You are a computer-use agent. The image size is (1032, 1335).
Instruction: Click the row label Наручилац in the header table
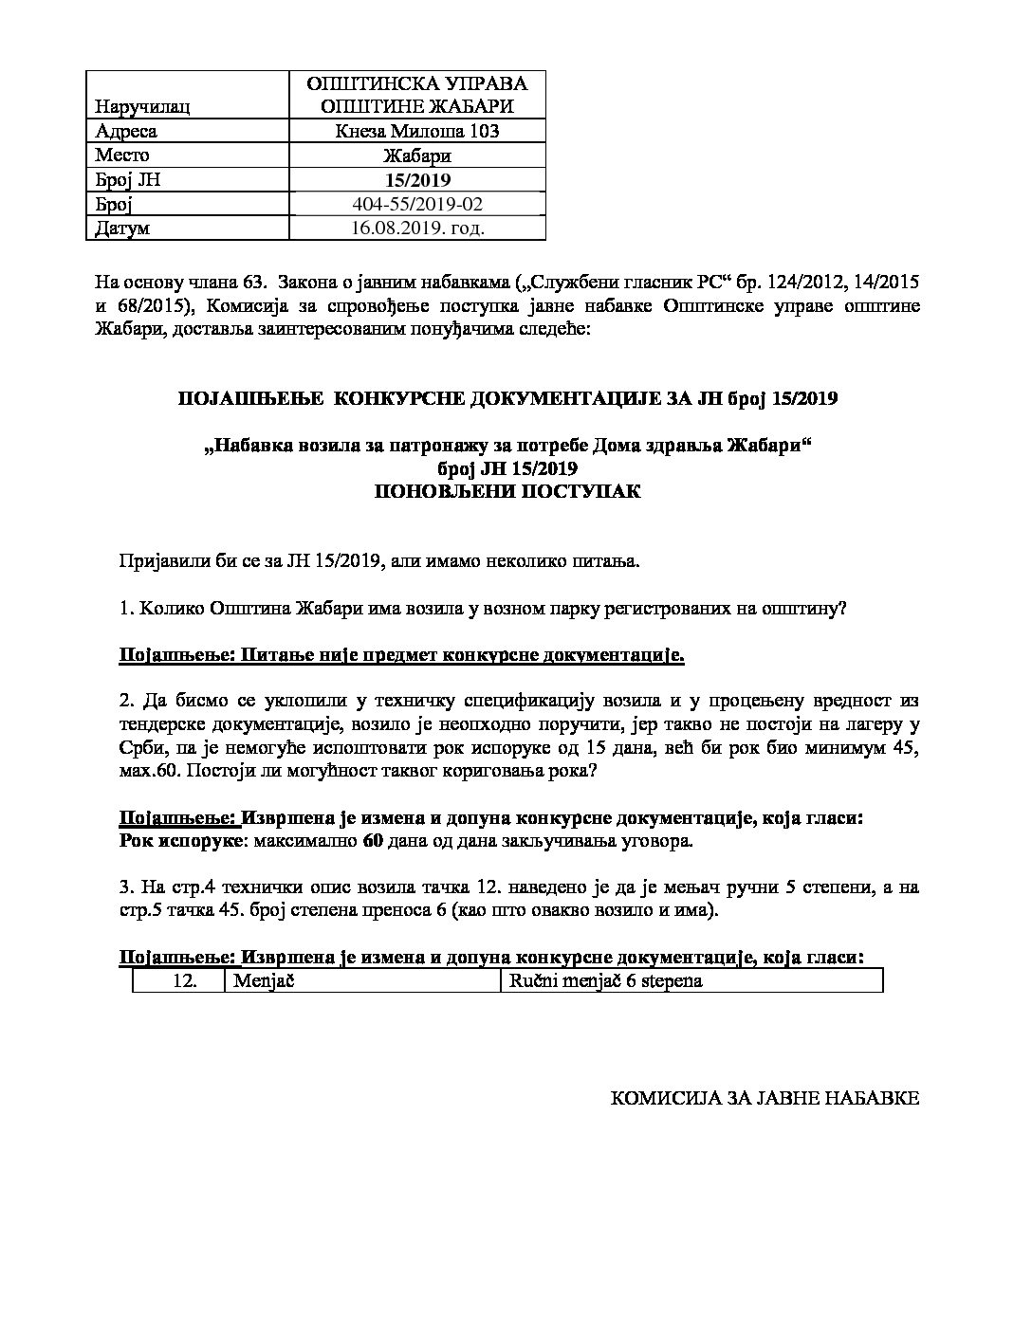click(142, 107)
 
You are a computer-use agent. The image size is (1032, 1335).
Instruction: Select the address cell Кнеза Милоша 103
click(417, 131)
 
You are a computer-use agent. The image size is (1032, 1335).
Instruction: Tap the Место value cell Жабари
click(417, 155)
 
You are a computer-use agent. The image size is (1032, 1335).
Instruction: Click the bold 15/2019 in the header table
click(417, 180)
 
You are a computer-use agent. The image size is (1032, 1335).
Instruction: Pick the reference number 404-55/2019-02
click(417, 204)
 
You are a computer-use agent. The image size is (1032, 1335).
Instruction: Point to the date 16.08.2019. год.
click(417, 229)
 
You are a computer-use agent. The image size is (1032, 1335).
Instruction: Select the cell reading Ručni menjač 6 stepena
click(606, 980)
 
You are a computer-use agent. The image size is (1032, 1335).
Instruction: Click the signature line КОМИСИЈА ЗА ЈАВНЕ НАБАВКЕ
click(764, 1099)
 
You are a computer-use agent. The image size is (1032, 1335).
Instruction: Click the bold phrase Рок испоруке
click(182, 840)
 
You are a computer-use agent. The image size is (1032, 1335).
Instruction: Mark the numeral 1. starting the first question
click(126, 609)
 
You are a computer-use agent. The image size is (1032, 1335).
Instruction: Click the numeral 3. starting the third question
click(126, 887)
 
